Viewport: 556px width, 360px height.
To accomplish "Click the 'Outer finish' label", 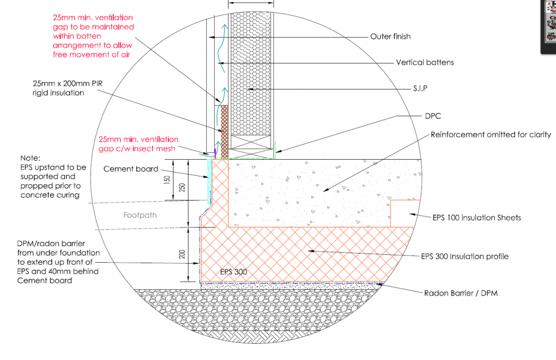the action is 390,37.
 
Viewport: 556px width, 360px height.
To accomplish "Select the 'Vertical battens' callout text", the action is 425,62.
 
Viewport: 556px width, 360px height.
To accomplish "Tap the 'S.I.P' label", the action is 420,88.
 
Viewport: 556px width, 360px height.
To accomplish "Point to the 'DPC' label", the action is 433,116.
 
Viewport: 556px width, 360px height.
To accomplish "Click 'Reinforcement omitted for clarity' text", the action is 491,135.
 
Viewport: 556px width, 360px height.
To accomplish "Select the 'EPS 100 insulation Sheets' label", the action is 476,218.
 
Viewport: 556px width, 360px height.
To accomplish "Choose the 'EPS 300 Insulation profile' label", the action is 464,257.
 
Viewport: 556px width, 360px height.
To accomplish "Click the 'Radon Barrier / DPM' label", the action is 460,293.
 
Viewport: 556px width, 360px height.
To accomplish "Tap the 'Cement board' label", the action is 131,169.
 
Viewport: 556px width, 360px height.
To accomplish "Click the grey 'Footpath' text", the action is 140,215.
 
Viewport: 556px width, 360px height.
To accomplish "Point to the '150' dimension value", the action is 167,179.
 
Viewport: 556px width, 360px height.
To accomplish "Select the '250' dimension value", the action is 182,188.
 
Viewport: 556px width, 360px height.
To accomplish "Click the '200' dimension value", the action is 182,254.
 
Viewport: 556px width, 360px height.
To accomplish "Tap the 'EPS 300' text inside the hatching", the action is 234,272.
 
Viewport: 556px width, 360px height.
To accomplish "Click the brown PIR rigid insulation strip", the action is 225,132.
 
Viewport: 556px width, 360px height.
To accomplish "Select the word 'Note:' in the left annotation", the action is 30,158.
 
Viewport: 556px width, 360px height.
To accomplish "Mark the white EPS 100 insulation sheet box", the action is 405,213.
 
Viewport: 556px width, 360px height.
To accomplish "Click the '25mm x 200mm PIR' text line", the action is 67,84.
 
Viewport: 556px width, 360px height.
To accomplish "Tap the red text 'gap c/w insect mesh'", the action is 137,149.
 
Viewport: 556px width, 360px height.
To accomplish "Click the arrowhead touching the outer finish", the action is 211,37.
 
